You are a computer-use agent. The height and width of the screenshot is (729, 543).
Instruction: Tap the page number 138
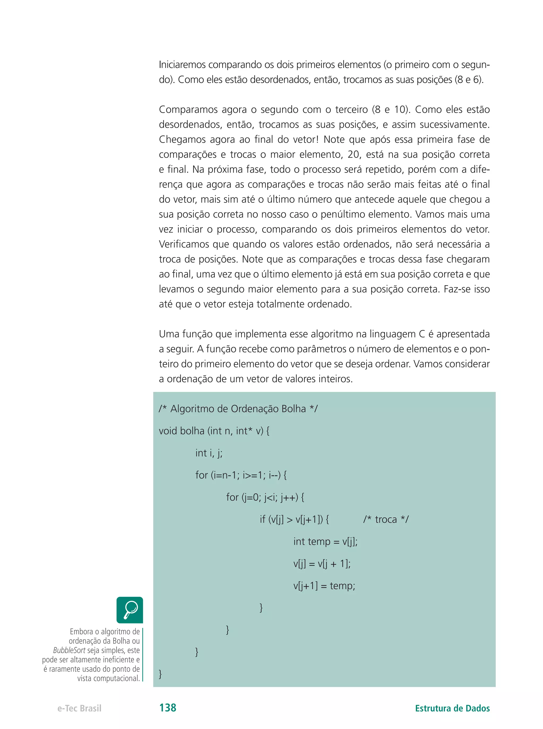[x=168, y=708]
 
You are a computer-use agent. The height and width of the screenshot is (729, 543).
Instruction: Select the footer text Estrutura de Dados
[x=452, y=708]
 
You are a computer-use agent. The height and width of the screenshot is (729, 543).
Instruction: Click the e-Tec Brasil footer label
[x=79, y=708]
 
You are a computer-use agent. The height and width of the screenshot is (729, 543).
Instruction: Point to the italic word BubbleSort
[x=69, y=650]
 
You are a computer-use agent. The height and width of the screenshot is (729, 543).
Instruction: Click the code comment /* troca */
[x=386, y=519]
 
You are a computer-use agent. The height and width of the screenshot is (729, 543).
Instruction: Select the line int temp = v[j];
[x=325, y=541]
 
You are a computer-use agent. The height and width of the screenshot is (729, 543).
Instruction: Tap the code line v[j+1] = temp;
[x=324, y=586]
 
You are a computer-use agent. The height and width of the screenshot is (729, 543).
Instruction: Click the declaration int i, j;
[x=209, y=453]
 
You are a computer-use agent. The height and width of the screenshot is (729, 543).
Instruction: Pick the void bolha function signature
[x=214, y=431]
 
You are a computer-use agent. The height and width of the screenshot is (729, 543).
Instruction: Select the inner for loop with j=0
[x=265, y=497]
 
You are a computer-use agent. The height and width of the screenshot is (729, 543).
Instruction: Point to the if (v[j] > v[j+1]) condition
[x=294, y=519]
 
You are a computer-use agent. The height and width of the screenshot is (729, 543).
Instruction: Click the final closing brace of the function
[x=160, y=674]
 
